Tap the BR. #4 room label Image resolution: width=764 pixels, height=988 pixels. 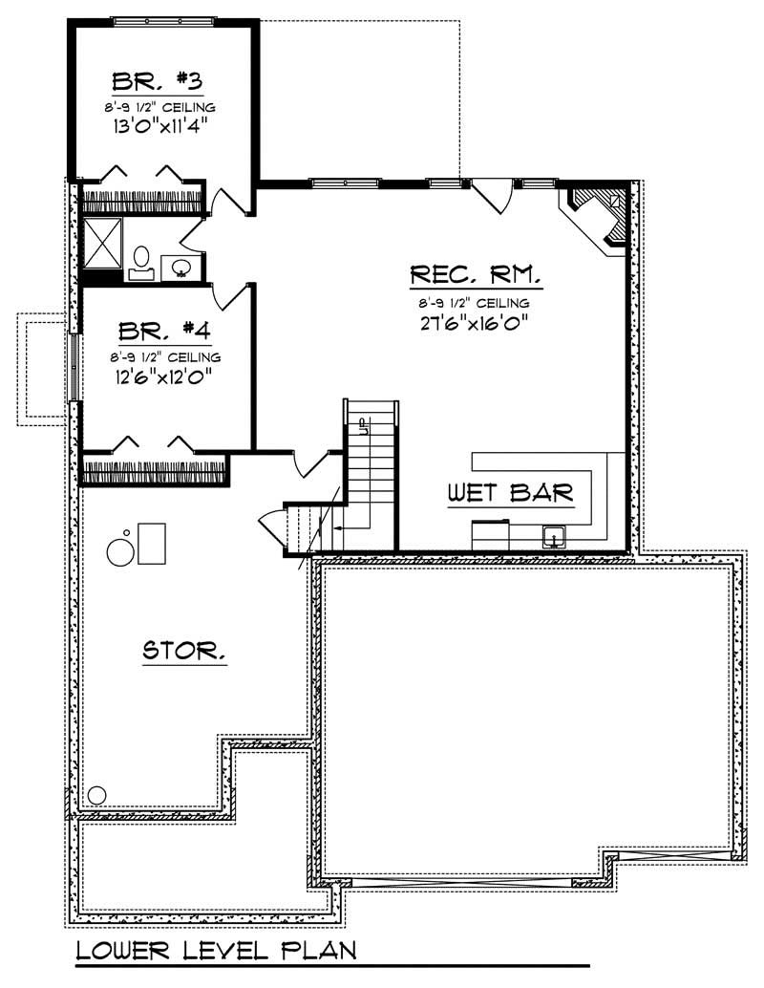click(164, 332)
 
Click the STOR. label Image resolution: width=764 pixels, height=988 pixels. click(184, 653)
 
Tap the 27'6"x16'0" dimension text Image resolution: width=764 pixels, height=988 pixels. click(475, 322)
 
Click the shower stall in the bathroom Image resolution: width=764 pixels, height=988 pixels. click(102, 243)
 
